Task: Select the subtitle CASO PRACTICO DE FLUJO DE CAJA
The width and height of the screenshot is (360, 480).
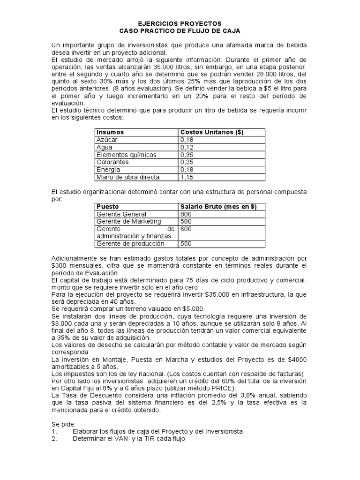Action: pos(180,30)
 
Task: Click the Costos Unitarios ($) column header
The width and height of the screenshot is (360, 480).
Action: pos(211,133)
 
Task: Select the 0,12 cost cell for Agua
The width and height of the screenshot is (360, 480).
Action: pos(187,147)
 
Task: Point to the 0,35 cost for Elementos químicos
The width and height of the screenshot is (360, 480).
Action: pos(187,155)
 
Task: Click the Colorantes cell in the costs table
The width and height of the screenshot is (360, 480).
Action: pos(112,162)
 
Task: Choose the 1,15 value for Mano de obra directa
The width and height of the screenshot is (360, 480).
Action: pos(187,177)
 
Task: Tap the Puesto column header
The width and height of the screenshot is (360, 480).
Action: pos(107,207)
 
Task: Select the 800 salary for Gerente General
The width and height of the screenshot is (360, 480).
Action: pos(186,214)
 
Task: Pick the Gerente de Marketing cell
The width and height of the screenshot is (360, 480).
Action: pos(128,221)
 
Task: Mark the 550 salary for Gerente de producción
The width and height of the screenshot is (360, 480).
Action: pos(186,244)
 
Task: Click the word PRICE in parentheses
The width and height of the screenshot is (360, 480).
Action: pos(224,389)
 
